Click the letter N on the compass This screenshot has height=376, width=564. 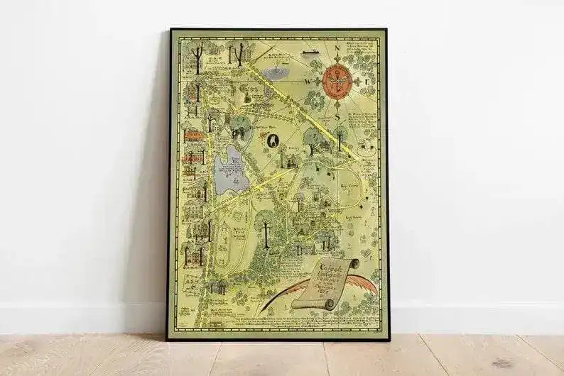[x=337, y=50]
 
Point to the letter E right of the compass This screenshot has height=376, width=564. [x=366, y=81]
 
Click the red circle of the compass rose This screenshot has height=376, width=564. [x=337, y=79]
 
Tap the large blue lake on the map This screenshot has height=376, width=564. [x=231, y=170]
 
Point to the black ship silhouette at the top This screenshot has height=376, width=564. [x=308, y=51]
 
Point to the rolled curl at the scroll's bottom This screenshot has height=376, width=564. [x=328, y=304]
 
